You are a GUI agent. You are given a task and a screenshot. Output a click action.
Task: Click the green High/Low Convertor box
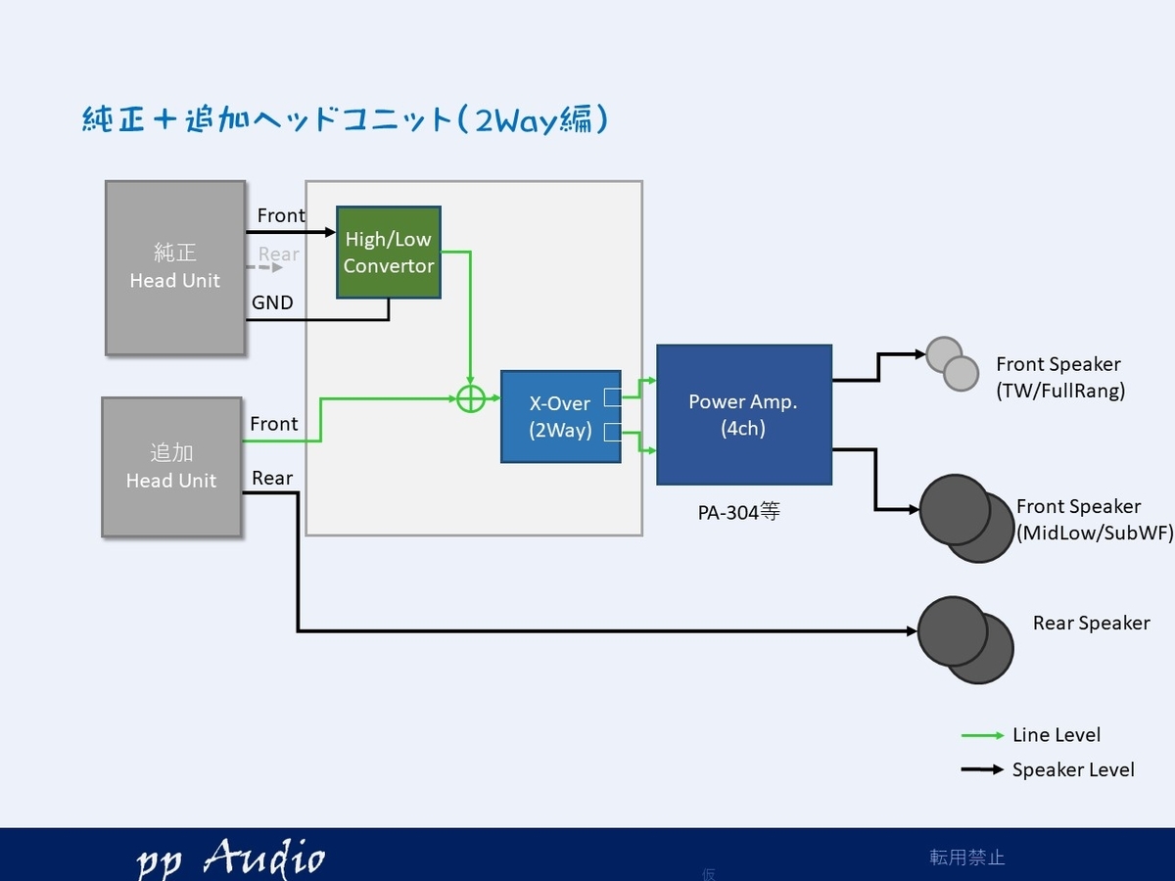pos(389,253)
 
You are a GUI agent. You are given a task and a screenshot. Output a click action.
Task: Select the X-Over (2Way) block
pos(560,417)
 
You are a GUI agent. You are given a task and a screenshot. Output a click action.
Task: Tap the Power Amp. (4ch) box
pos(744,414)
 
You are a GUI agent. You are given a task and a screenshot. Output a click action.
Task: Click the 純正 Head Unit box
pos(175,267)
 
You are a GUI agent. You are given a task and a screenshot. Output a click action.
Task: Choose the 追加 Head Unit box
pos(171,467)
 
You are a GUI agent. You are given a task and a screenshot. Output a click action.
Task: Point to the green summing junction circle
pos(471,398)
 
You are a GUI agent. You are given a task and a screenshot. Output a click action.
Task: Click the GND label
pos(272,302)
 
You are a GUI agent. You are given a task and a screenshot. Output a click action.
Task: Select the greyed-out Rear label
pos(278,254)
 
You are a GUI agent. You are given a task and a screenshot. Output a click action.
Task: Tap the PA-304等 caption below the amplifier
pos(738,512)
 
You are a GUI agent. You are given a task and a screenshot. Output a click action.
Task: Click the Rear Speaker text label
pos(1092,623)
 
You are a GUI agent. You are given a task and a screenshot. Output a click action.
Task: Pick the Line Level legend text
pos(1057,735)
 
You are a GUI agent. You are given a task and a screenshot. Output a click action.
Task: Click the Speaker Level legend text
pos(1073,769)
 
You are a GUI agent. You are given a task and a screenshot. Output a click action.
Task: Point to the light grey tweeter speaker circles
pos(953,364)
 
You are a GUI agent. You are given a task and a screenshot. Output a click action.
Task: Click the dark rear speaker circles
pos(965,640)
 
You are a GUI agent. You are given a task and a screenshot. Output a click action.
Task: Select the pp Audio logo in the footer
pos(231,858)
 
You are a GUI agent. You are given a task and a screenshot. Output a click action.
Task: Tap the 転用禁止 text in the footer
pos(966,858)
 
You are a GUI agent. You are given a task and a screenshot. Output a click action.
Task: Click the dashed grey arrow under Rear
pos(264,267)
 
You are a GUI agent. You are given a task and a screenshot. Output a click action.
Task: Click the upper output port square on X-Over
pos(613,396)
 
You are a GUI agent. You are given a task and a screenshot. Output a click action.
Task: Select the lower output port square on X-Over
pos(613,432)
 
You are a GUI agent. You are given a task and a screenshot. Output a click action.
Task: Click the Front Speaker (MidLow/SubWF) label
pos(1095,520)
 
